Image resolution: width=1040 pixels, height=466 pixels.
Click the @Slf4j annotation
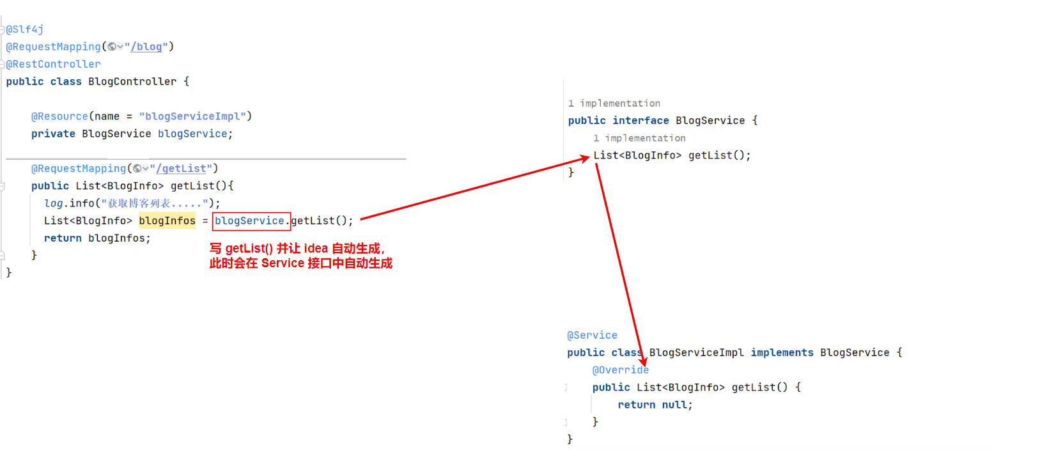point(25,29)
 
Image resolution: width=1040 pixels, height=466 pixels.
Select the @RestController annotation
point(54,64)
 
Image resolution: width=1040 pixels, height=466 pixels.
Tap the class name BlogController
point(132,82)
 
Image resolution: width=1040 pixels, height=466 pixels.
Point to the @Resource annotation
point(59,116)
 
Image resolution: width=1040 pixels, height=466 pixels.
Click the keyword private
point(53,134)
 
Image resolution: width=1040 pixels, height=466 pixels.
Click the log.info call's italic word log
point(53,203)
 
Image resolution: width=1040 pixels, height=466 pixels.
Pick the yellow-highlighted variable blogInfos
point(167,221)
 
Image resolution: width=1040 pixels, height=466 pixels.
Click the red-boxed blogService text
point(251,221)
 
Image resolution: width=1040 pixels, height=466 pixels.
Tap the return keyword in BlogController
point(63,238)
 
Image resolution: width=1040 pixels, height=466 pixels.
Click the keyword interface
point(640,121)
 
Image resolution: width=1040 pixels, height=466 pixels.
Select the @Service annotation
point(592,336)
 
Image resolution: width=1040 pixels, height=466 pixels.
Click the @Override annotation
point(620,370)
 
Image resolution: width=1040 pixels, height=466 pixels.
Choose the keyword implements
point(782,353)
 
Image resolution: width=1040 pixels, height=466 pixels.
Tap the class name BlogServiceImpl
point(696,353)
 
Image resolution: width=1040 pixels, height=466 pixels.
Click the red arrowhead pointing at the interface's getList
point(584,158)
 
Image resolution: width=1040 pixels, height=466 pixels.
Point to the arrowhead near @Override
point(643,362)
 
